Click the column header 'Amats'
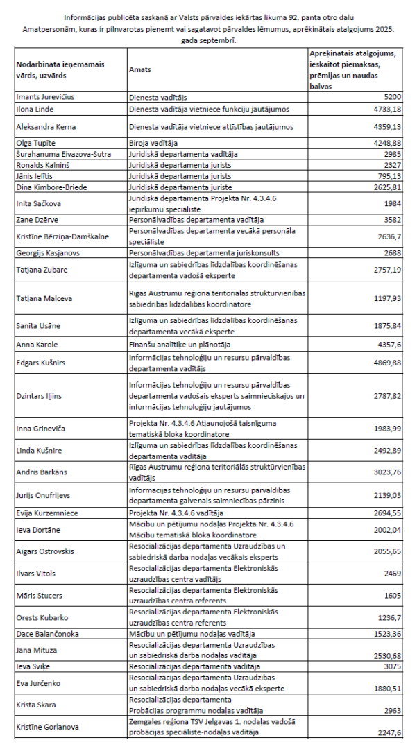[x=140, y=70]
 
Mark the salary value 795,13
[x=389, y=175]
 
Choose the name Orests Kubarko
[x=43, y=617]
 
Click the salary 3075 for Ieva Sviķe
[x=393, y=667]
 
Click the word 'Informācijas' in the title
[x=85, y=16]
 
